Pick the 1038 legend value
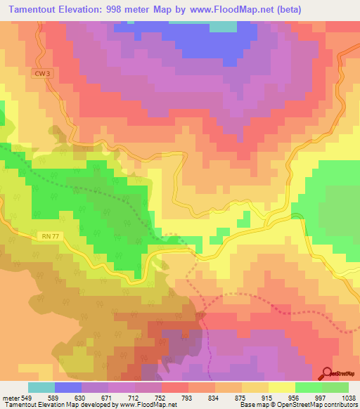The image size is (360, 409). pyautogui.click(x=349, y=397)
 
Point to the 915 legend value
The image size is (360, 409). pyautogui.click(x=269, y=397)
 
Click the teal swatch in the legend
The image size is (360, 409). pyautogui.click(x=41, y=387)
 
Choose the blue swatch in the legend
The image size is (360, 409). pyautogui.click(x=68, y=387)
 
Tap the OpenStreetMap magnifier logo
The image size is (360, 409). pyautogui.click(x=328, y=375)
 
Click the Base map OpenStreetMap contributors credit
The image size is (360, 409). pyautogui.click(x=298, y=405)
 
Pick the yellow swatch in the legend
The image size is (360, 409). pyautogui.click(x=282, y=387)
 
